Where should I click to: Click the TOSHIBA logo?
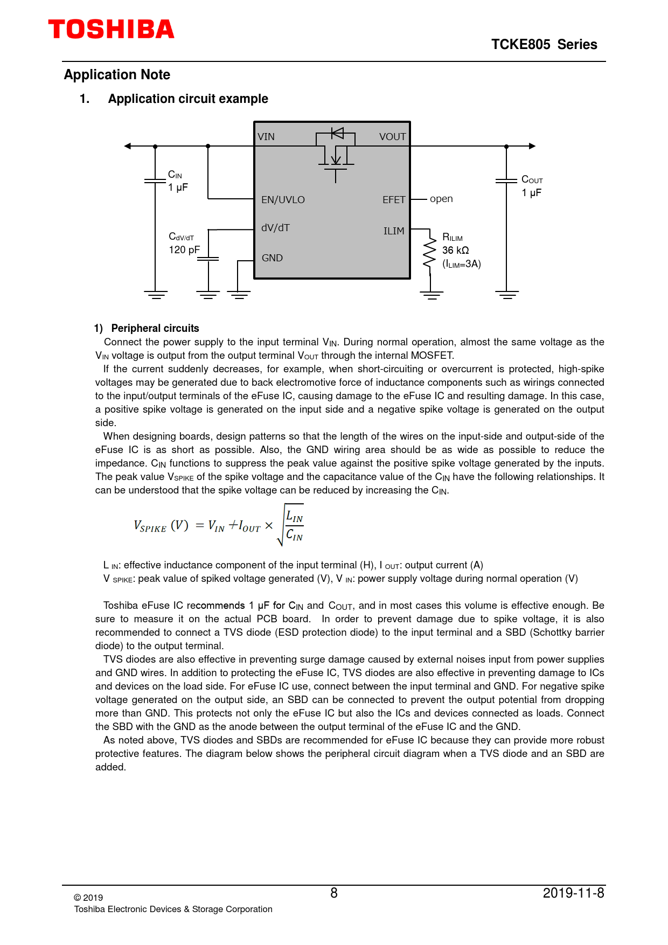(112, 29)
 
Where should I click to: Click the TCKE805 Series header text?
(544, 45)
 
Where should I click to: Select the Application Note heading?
(117, 75)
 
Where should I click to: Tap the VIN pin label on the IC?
(266, 137)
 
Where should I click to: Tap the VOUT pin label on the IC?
(392, 137)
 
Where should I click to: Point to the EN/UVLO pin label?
(283, 200)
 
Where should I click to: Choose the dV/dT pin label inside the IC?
(275, 228)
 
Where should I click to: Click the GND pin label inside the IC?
(272, 258)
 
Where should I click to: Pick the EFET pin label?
(394, 200)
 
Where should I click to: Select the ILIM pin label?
(394, 231)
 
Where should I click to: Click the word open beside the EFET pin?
(441, 199)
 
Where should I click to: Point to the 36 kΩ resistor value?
(455, 251)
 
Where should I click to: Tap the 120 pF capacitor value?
(184, 250)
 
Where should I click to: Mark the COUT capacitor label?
(532, 180)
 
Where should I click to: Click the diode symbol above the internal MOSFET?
(337, 133)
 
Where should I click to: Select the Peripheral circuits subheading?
(155, 329)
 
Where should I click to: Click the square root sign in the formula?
(281, 525)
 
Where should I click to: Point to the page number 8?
(334, 893)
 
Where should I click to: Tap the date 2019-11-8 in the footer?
(573, 893)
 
